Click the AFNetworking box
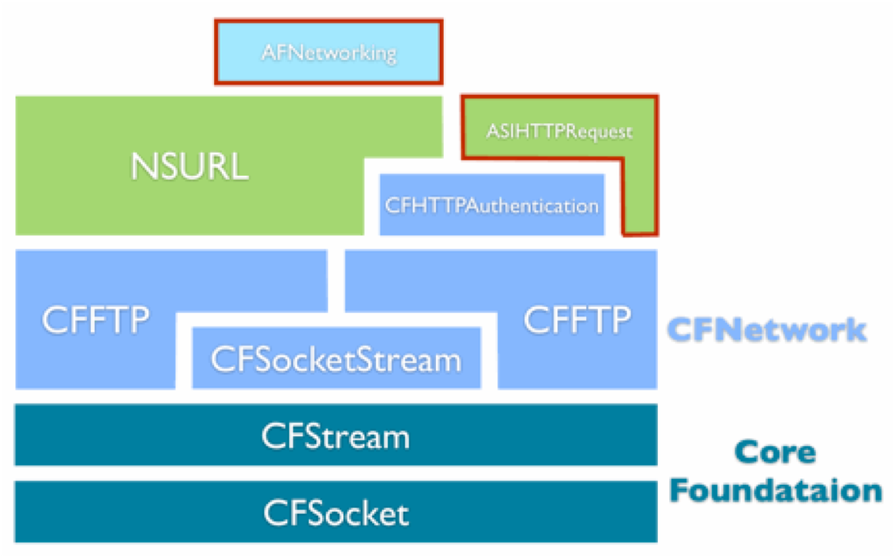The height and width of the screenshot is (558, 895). click(328, 52)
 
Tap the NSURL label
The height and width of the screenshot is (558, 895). click(189, 166)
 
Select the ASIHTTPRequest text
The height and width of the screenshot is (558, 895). click(559, 132)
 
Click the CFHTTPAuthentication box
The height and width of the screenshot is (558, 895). click(492, 204)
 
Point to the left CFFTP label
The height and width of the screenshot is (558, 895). click(96, 320)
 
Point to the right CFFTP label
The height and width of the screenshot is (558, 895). click(577, 320)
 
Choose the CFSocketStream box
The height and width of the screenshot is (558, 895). click(337, 358)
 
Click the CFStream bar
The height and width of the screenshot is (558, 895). click(336, 435)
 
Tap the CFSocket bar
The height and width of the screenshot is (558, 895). click(336, 511)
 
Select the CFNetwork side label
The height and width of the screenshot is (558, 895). click(766, 330)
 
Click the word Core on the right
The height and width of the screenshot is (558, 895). click(775, 452)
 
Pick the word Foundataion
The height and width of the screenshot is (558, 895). click(776, 491)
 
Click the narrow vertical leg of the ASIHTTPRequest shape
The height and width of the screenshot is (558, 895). click(639, 197)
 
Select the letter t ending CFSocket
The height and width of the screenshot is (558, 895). click(403, 514)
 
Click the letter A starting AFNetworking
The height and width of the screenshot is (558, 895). click(270, 52)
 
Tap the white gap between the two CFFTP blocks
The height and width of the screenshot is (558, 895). click(336, 281)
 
